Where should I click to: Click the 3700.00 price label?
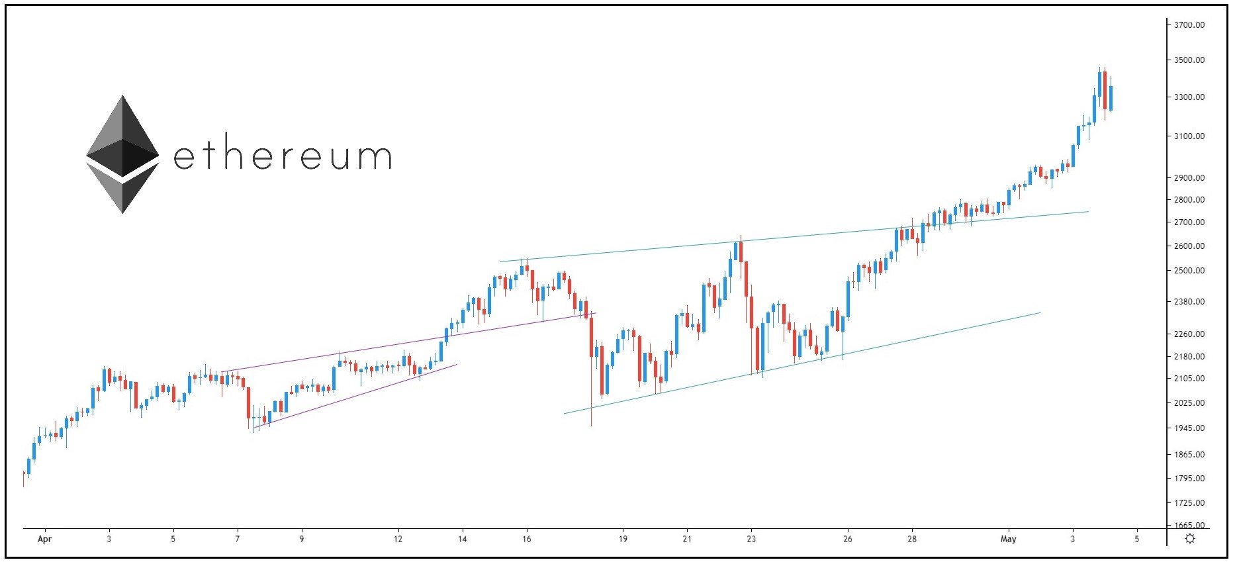(x=1189, y=25)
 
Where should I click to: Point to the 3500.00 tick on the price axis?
(x=1189, y=60)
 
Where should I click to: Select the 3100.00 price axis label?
(x=1189, y=136)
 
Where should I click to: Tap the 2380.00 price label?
(x=1189, y=302)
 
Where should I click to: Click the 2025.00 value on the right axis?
(x=1189, y=403)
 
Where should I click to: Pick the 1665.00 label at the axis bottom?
(x=1189, y=526)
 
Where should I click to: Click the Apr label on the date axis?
(x=44, y=539)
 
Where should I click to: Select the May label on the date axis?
(x=1008, y=539)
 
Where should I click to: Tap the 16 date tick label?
(x=526, y=539)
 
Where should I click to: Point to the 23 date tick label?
(x=751, y=539)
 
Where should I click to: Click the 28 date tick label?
(x=912, y=539)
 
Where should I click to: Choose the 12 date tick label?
(x=398, y=539)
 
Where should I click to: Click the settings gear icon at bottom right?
(x=1190, y=539)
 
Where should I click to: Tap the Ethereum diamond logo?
(x=122, y=154)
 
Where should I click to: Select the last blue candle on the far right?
(x=1111, y=98)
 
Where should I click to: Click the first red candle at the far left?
(x=24, y=475)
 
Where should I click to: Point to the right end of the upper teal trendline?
(x=1088, y=212)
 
